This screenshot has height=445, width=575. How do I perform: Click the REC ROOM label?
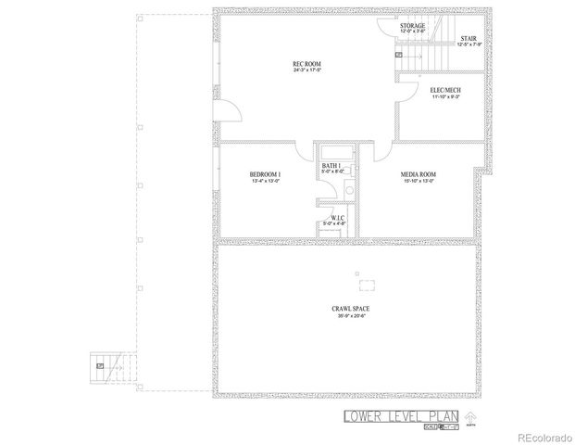coord(306,64)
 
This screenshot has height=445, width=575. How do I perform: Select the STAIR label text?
coord(469,38)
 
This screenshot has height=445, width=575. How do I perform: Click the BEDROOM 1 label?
coord(265,173)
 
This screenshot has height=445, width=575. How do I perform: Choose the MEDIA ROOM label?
coord(418,173)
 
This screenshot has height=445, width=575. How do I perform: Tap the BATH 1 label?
coord(331,164)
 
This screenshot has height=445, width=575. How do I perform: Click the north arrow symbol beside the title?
coord(469,417)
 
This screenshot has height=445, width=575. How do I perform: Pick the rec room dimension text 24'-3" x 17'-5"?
coord(306,71)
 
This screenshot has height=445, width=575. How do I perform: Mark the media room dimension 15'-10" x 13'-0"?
coord(418,181)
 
